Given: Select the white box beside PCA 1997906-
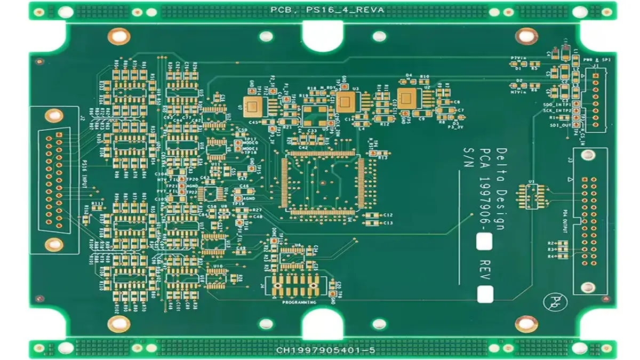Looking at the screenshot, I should click(485, 242).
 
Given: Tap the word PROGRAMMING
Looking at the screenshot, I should click(299, 302).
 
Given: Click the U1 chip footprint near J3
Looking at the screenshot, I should click(531, 196).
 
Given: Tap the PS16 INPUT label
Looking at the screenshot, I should click(85, 177).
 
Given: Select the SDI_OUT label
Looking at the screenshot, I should click(561, 125).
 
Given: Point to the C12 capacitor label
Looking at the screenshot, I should click(388, 214).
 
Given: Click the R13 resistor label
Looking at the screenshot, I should click(382, 158).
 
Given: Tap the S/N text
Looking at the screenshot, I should click(469, 158).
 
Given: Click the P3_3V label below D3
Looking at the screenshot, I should click(454, 127).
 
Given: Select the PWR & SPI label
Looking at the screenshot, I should click(596, 60).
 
